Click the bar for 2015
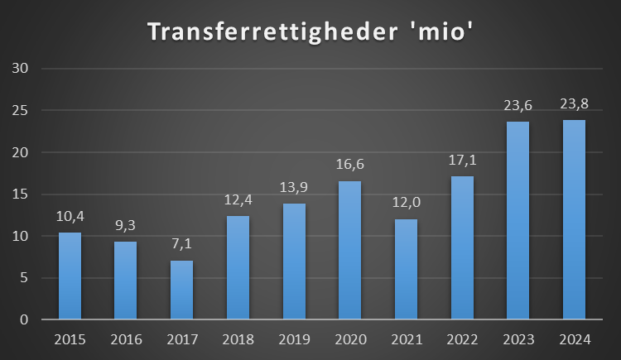tap(70, 276)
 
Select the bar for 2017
tap(181, 290)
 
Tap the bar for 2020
tap(349, 250)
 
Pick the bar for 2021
tap(406, 269)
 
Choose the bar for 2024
tap(574, 219)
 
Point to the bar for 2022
tap(462, 247)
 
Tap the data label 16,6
tap(349, 165)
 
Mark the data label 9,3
tap(126, 225)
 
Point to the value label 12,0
tap(406, 203)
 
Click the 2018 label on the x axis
tap(238, 340)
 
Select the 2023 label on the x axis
tap(517, 340)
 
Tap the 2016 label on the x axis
tap(126, 340)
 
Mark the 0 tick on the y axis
tap(25, 320)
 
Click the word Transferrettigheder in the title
tap(258, 32)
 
